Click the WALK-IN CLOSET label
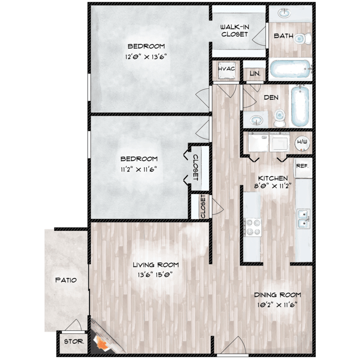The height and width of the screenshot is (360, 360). coord(234,30)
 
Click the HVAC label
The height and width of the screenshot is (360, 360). coord(226,69)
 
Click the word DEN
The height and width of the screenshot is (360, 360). coord(271,97)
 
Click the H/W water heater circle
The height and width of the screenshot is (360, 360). coord(302,142)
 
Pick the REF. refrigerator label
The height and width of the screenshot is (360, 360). coord(302,166)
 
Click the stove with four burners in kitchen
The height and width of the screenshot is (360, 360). coord(252,227)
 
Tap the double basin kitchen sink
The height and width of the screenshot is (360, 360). coord(303,219)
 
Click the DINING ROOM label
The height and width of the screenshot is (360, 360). coord(278,294)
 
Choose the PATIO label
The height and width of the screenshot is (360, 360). coord(66,280)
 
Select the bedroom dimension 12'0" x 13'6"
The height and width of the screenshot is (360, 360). coord(146,56)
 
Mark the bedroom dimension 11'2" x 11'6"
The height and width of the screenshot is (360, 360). coord(139,168)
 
